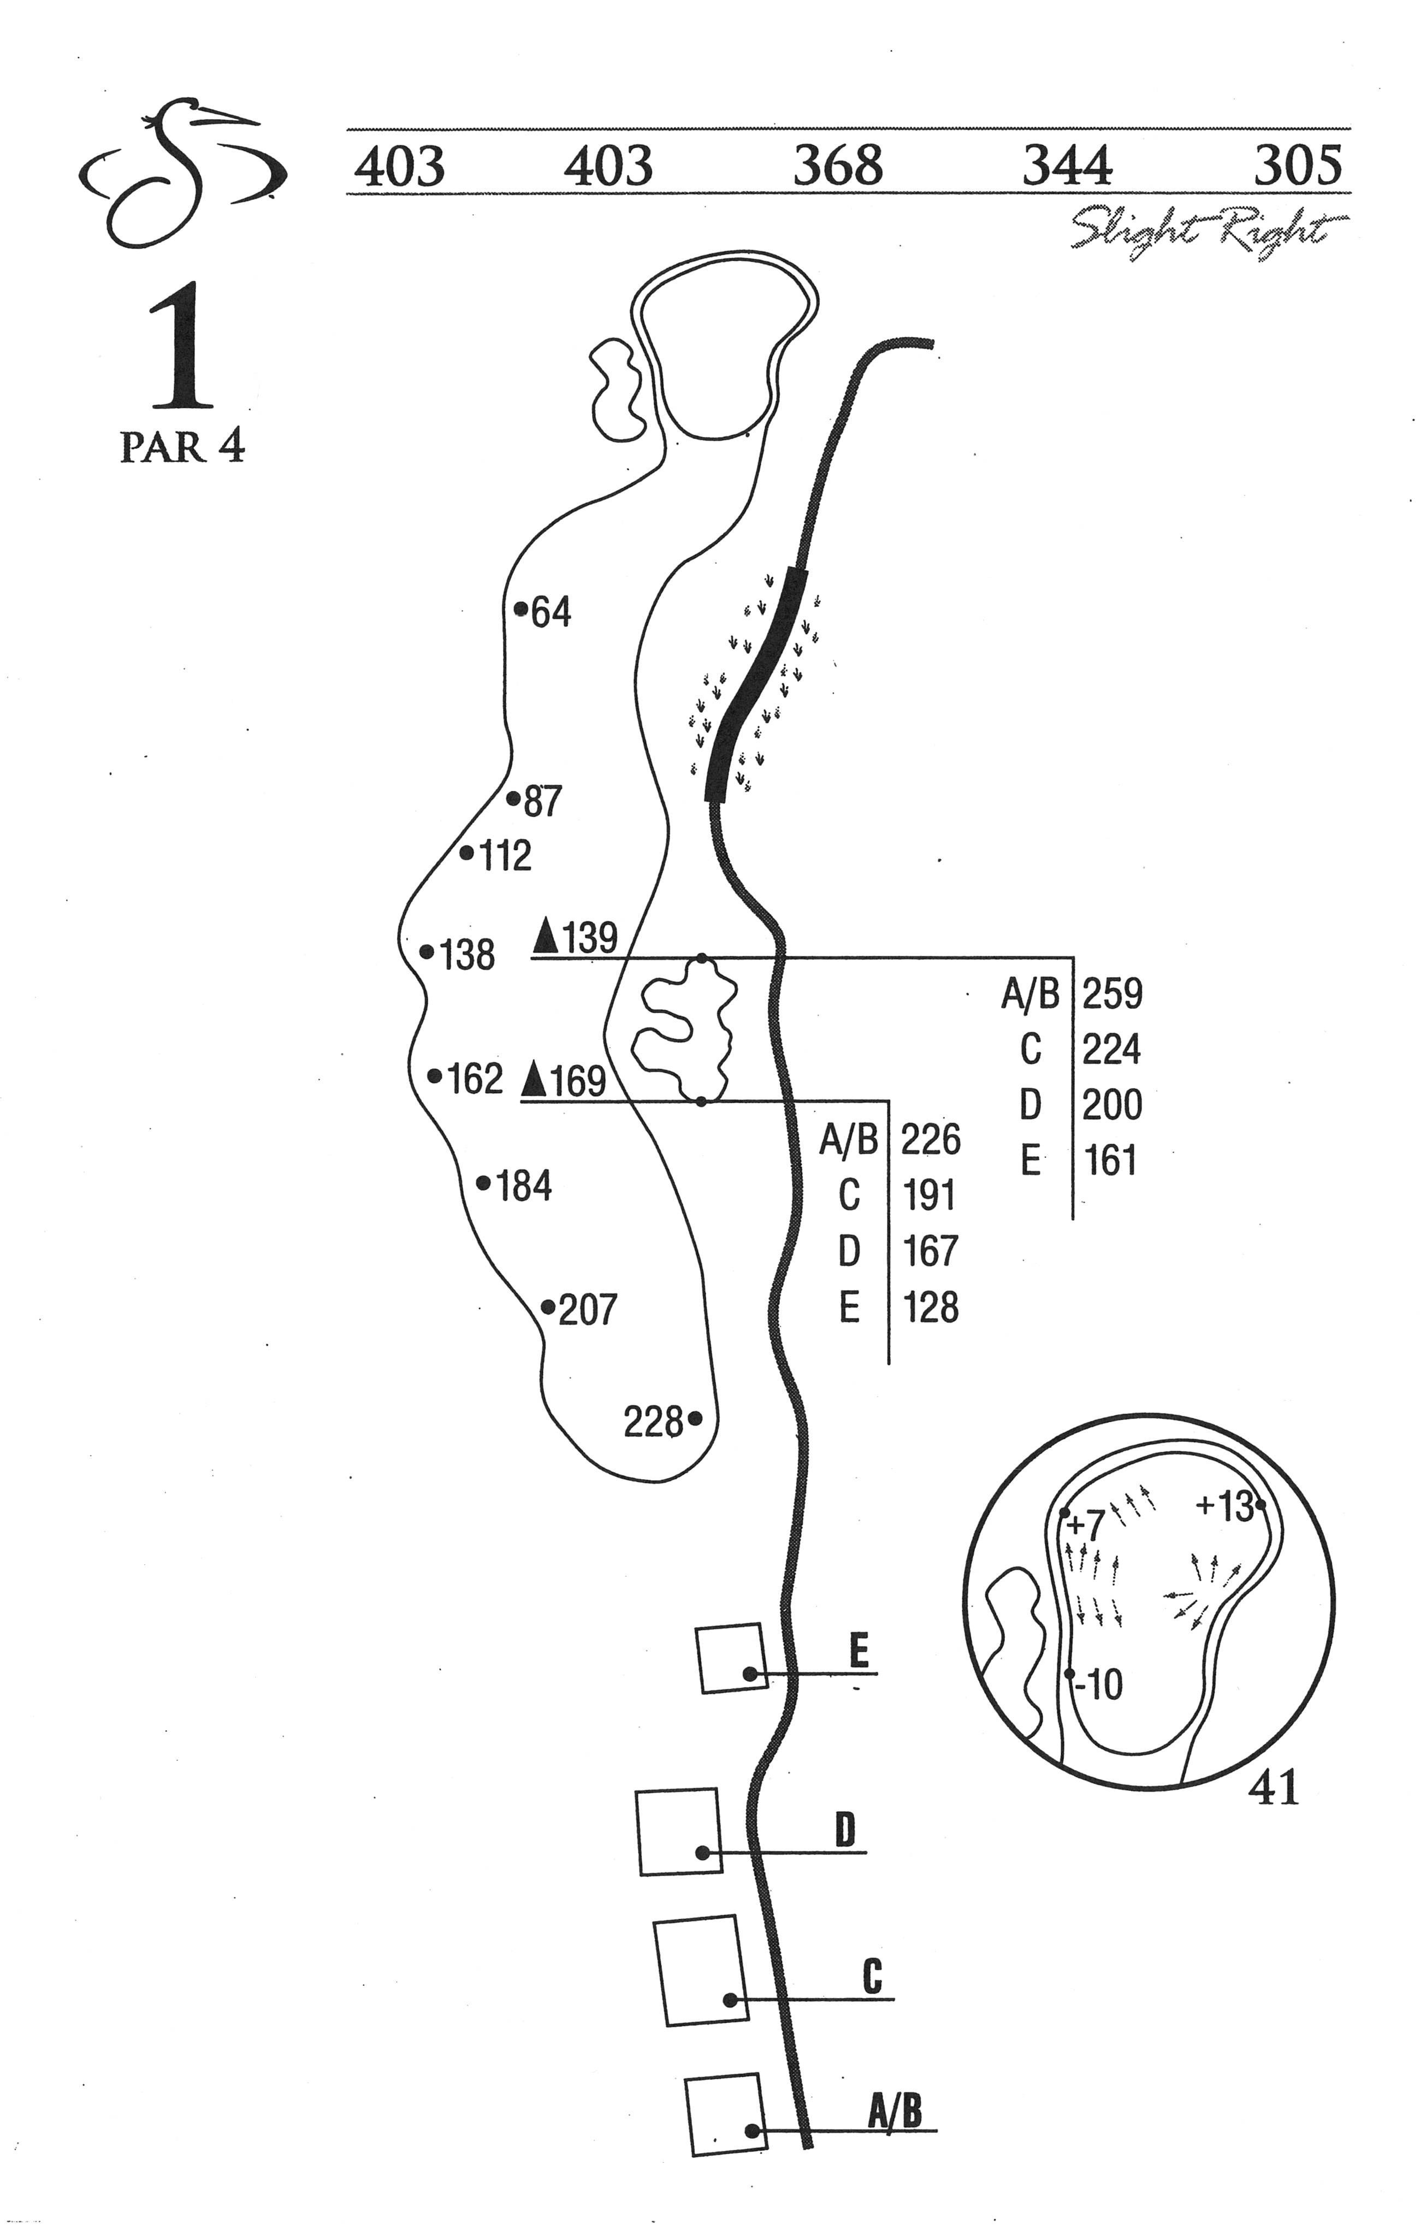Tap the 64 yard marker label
[x=551, y=613]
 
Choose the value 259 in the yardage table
[x=1112, y=994]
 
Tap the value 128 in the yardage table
[x=930, y=1308]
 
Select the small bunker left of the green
[x=616, y=388]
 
